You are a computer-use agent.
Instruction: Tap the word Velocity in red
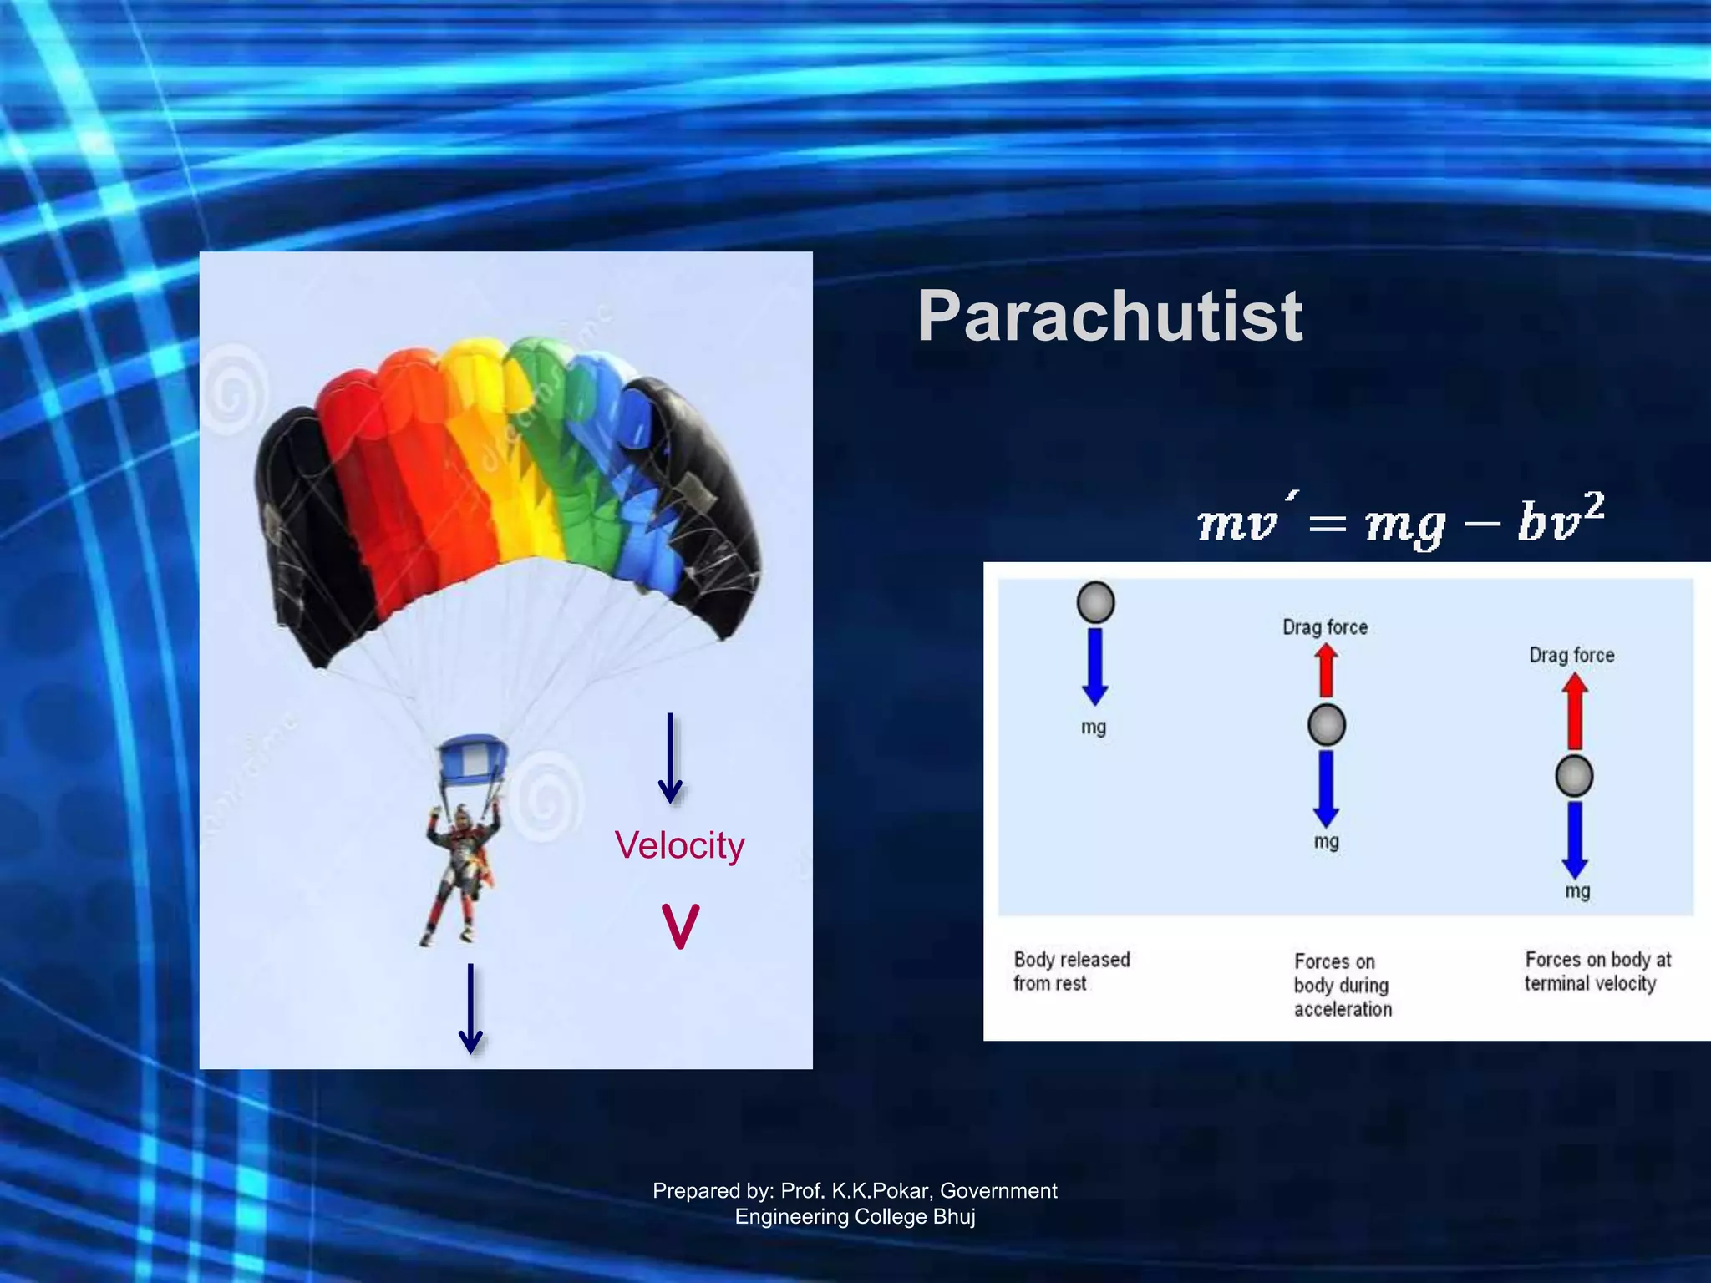[x=679, y=845]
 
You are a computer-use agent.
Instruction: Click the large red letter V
[x=680, y=926]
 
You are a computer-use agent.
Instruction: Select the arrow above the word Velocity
[x=670, y=758]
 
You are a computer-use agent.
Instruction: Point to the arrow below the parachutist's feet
[x=471, y=1008]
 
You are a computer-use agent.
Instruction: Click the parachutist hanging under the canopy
[x=460, y=873]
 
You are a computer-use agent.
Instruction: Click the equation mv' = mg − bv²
[x=1400, y=523]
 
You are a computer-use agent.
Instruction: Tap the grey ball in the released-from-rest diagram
[x=1095, y=602]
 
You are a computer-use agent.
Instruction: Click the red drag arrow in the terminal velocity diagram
[x=1575, y=711]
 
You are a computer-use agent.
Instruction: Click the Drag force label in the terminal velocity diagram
[x=1571, y=655]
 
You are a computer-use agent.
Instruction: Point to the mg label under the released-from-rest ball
[x=1094, y=727]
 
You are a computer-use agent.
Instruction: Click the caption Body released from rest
[x=1071, y=971]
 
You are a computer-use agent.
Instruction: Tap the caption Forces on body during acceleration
[x=1343, y=985]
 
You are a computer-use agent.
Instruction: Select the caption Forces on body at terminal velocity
[x=1597, y=971]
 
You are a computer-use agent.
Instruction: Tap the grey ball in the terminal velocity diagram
[x=1574, y=776]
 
